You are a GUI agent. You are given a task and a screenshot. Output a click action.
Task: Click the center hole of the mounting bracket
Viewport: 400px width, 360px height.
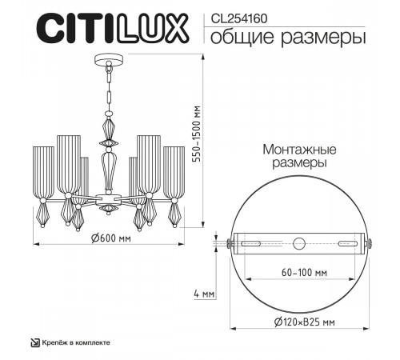point(300,243)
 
